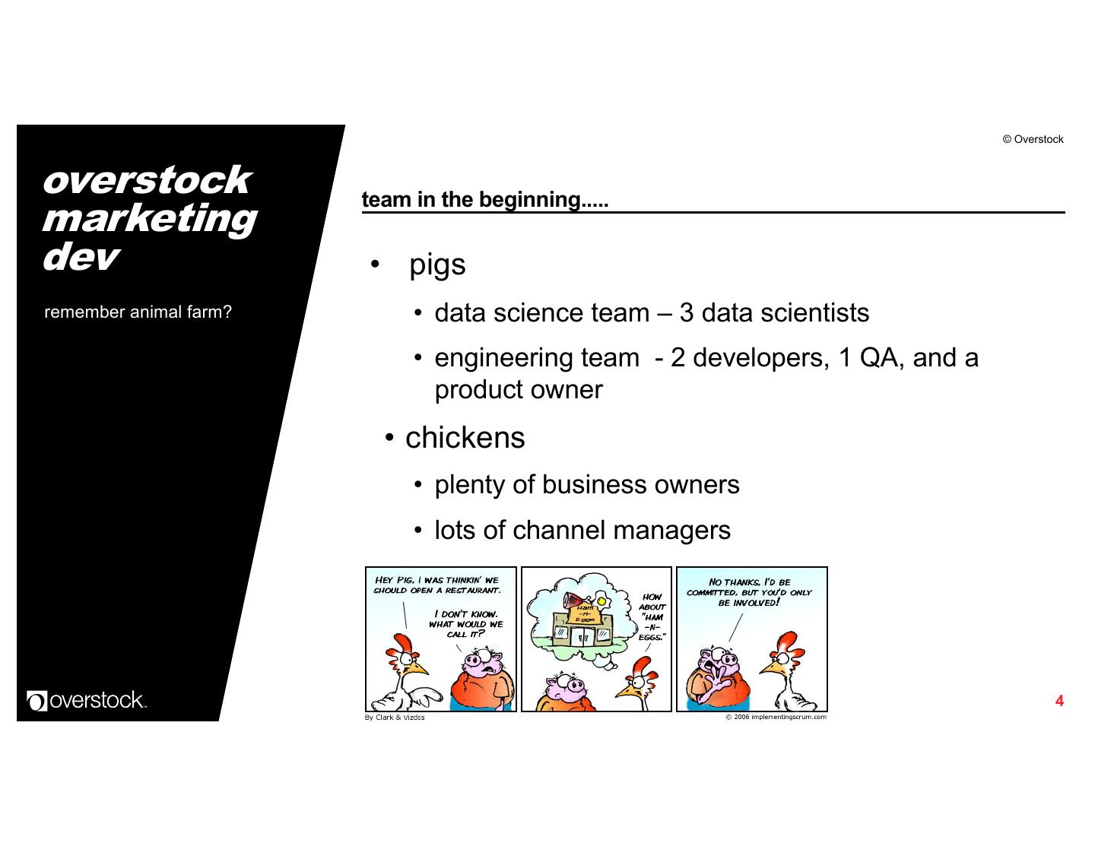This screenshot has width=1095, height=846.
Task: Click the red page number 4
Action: pos(1059,701)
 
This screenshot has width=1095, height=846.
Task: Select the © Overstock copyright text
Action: pos(1033,139)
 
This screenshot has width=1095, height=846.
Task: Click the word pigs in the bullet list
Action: pos(437,265)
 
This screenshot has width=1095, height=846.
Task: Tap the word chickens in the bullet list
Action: pos(465,438)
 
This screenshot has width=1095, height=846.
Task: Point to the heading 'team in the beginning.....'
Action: pos(485,200)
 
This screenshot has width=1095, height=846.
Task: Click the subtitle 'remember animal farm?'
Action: pos(138,312)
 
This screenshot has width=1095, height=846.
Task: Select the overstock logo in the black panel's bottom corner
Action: pos(86,699)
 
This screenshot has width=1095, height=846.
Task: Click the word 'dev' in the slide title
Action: pos(79,257)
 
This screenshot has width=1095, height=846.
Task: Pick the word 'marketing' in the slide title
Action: pos(149,218)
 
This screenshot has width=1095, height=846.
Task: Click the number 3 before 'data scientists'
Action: pos(686,313)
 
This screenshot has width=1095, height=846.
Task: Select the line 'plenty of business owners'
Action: pos(586,485)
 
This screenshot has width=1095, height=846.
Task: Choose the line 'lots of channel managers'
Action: pos(582,531)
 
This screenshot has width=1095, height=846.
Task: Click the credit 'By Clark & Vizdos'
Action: pos(395,718)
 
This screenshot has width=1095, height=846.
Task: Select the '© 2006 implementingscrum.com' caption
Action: pos(776,717)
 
